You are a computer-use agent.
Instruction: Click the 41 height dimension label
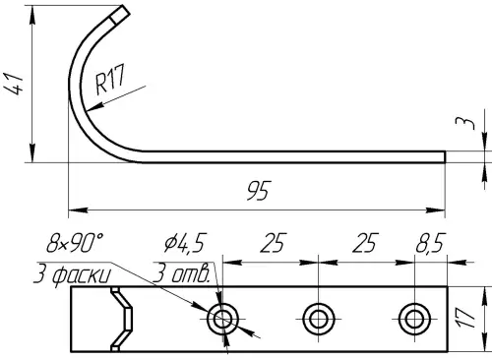pos(14,85)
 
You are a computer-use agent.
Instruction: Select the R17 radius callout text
pos(110,80)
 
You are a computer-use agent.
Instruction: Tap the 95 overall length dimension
pos(259,190)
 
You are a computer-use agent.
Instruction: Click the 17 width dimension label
pos(465,318)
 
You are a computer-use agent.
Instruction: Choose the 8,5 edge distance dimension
pos(431,243)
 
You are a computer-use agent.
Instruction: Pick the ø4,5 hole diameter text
pos(185,243)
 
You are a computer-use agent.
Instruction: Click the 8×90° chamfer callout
pos(75,243)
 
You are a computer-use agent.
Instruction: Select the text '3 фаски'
pos(72,274)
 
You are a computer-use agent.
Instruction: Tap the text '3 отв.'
pos(181,274)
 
